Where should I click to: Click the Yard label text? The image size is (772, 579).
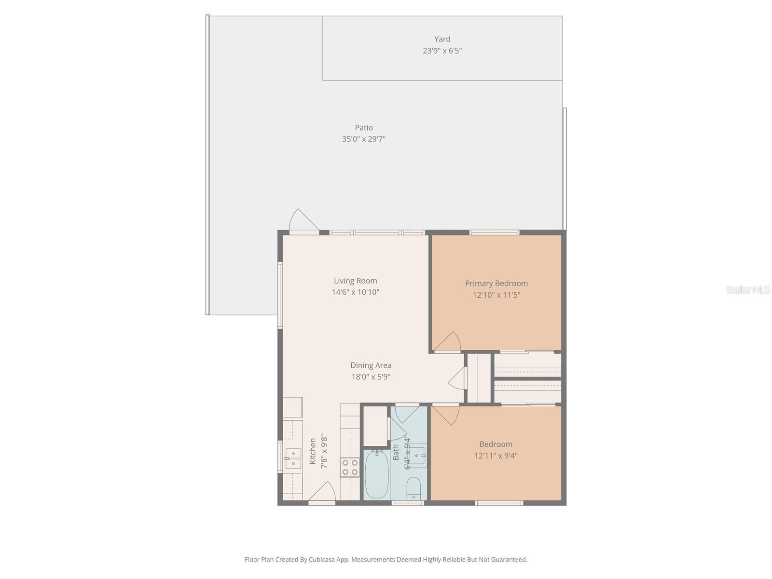(442, 39)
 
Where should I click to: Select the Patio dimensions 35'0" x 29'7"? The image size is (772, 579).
(364, 139)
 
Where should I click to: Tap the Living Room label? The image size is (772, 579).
(356, 281)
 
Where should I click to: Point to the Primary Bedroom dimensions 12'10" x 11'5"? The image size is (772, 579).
(496, 295)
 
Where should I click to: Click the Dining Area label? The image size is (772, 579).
(371, 366)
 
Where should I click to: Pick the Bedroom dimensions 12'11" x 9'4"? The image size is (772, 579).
(496, 455)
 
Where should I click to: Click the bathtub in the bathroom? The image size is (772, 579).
(377, 474)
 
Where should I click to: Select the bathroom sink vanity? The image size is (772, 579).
(417, 455)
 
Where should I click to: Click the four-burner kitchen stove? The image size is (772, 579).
(350, 467)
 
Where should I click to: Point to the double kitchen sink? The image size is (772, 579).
(292, 458)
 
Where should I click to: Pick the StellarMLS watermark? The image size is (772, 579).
(747, 289)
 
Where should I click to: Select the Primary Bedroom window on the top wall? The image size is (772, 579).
(494, 233)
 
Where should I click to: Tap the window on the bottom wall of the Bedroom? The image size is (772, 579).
(499, 503)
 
